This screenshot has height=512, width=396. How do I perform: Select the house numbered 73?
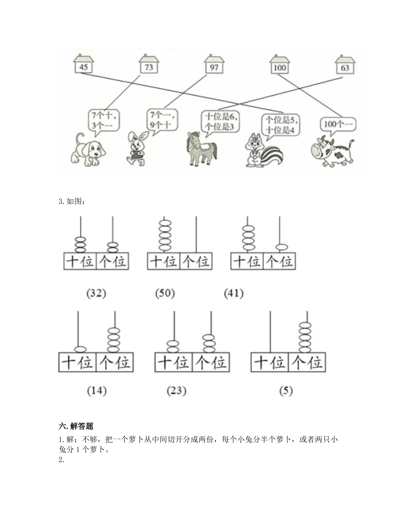pos(149,64)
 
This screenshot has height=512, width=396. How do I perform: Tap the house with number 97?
pos(214,64)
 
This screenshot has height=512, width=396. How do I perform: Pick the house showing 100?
pos(280,64)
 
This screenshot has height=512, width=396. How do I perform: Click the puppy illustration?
pos(88,150)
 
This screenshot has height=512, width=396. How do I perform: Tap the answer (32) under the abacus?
pos(96,293)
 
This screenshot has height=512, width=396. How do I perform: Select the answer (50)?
pos(165,293)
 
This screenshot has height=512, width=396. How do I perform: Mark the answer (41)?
pos(234,293)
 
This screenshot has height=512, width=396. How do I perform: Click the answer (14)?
pos(97,391)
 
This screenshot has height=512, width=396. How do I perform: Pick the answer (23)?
pos(177,391)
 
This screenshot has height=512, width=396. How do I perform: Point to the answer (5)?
pos(286,391)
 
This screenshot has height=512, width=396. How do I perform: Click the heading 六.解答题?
pos(76,426)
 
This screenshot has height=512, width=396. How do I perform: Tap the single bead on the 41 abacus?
pos(282,247)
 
